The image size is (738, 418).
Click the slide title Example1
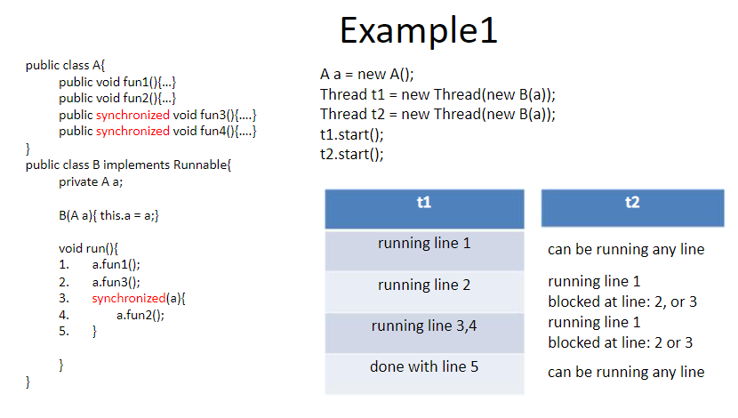(x=419, y=31)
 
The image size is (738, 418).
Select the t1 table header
(x=424, y=209)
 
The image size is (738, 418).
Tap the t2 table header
(x=632, y=208)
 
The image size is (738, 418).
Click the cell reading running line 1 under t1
(x=424, y=251)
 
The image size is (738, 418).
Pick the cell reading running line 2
(x=424, y=292)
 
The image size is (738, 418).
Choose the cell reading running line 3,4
(x=424, y=333)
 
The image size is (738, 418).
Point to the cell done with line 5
(x=424, y=374)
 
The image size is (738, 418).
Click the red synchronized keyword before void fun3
(x=132, y=116)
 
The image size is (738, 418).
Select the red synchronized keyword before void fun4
(x=132, y=132)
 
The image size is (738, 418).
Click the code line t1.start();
(x=351, y=134)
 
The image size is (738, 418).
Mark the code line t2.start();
(x=351, y=155)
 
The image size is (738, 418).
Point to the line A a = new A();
(x=366, y=75)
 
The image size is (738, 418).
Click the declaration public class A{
(x=66, y=65)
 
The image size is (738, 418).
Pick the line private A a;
(x=91, y=181)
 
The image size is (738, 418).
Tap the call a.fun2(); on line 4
(x=140, y=315)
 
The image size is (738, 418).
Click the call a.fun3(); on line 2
(x=116, y=282)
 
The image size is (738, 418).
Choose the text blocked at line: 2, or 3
(x=622, y=301)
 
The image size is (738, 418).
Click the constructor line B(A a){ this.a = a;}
(x=108, y=215)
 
